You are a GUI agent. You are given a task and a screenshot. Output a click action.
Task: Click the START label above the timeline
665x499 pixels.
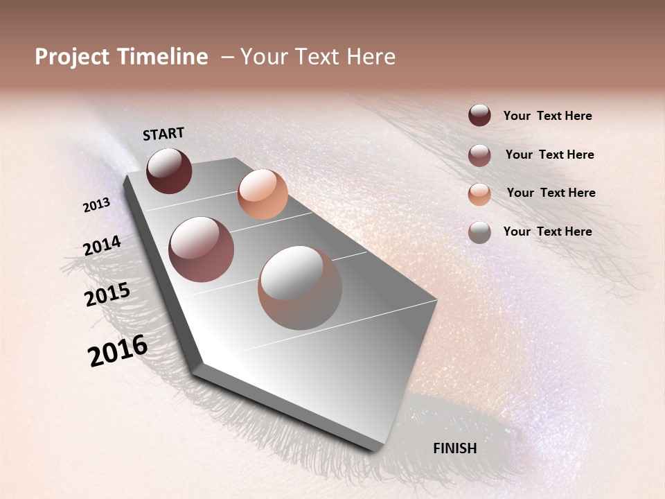163,134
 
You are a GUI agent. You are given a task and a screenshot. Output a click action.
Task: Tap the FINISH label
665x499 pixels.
454,448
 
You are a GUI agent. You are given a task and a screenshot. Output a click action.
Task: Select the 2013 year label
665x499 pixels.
97,204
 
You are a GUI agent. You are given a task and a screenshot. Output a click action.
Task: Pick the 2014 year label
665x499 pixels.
102,245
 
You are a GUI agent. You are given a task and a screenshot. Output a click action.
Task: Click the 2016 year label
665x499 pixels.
118,351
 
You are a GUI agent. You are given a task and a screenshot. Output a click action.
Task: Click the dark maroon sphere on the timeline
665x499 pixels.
169,170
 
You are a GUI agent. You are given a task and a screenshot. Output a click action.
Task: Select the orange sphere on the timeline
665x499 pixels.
263,194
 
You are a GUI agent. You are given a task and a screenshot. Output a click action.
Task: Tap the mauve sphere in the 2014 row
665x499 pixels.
202,249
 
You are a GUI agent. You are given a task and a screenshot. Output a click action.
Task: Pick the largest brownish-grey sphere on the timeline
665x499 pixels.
300,288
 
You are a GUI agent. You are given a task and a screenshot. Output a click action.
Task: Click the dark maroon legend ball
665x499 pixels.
479,116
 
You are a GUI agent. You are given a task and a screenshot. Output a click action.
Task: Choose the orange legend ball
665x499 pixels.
479,194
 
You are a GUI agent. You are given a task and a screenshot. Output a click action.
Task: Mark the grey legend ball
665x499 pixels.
479,232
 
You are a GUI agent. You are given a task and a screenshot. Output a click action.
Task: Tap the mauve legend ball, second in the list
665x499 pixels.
479,155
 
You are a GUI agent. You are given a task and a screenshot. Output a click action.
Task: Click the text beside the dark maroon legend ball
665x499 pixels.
547,116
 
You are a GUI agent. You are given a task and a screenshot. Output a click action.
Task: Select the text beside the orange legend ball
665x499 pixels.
551,193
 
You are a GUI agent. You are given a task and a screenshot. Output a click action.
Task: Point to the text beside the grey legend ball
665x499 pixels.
547,231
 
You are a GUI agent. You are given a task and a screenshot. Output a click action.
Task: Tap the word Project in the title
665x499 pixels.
72,57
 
